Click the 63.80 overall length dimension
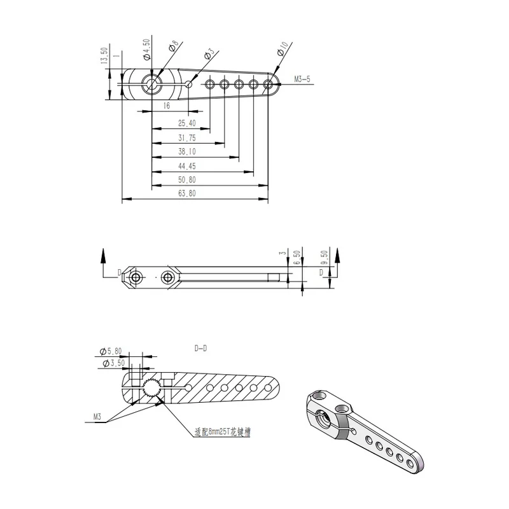[187, 193]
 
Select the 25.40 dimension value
[187, 123]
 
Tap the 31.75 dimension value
[187, 138]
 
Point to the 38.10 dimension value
[187, 151]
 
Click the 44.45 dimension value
[187, 166]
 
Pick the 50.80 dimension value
[187, 180]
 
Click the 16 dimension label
[167, 106]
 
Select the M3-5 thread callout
[302, 79]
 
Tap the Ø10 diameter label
[282, 49]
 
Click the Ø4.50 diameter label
[147, 50]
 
